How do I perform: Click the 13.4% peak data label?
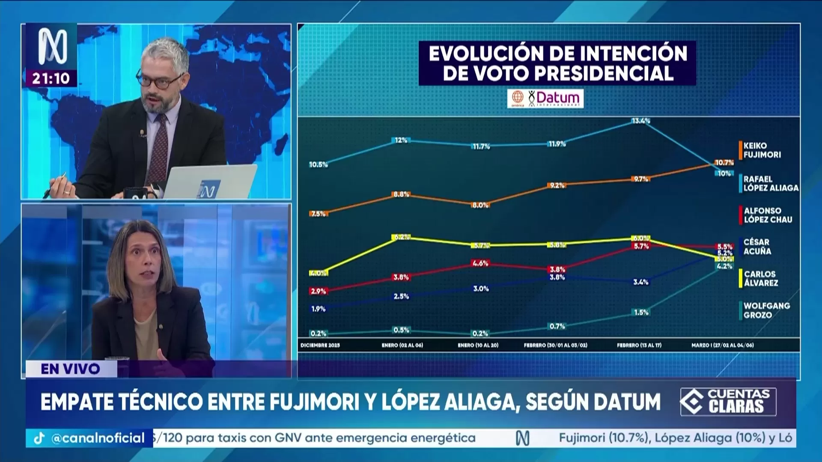[641, 121]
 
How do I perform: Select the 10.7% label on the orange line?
[724, 162]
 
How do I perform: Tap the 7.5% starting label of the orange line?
[319, 213]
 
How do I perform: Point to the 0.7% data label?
[557, 326]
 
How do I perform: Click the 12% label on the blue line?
[401, 140]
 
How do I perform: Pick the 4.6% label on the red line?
[480, 263]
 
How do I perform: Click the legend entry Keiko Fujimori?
[762, 150]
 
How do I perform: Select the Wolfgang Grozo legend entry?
[766, 310]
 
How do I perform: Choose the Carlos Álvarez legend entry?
[761, 278]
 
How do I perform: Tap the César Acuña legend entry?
[756, 247]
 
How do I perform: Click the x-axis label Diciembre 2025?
[320, 345]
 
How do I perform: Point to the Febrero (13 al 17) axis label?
[639, 345]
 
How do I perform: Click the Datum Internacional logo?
[545, 98]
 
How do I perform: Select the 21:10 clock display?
[51, 78]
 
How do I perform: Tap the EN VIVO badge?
[71, 369]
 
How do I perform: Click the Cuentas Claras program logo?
[728, 402]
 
